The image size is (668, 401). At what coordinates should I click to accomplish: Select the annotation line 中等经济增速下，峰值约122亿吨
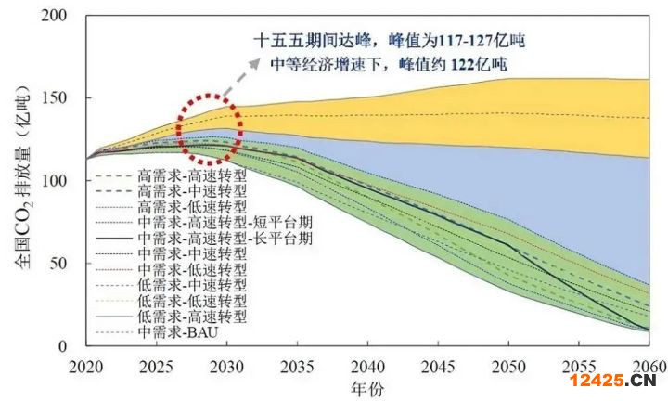(390, 64)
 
